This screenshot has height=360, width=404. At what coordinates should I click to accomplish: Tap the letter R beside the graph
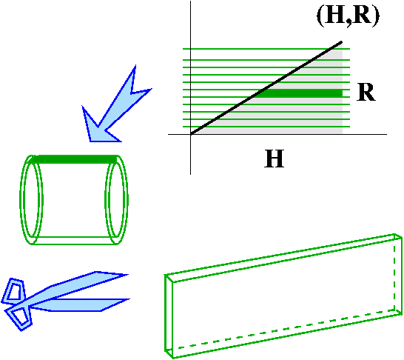(366, 93)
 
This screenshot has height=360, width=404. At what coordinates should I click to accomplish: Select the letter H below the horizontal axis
(275, 159)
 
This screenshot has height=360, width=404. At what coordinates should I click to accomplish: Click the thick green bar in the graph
(301, 93)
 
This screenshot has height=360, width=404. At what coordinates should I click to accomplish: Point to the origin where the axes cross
(191, 134)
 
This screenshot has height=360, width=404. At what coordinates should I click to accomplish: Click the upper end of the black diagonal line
(341, 41)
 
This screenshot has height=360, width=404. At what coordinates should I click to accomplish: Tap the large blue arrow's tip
(91, 141)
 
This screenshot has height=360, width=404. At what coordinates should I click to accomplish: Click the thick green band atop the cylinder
(74, 159)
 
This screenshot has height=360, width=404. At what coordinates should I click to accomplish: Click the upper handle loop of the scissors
(15, 291)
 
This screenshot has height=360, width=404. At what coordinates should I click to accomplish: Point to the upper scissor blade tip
(127, 275)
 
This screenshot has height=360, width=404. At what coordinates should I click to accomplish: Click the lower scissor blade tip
(129, 299)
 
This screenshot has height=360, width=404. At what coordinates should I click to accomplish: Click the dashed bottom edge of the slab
(286, 330)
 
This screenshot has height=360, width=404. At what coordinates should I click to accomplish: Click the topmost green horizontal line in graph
(266, 48)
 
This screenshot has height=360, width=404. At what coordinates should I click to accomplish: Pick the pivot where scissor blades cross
(28, 305)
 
